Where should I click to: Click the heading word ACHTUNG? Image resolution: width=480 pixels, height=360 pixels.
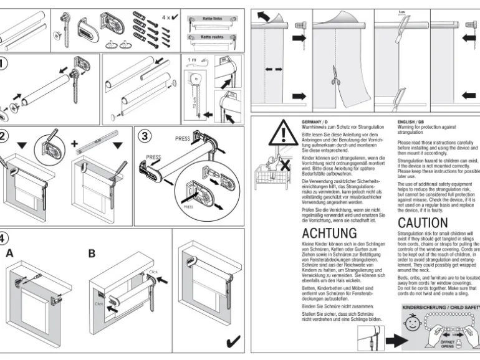pyautogui.click(x=329, y=233)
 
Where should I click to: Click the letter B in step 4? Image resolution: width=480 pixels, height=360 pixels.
pyautogui.click(x=92, y=253)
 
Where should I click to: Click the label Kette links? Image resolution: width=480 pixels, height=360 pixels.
pyautogui.click(x=212, y=19)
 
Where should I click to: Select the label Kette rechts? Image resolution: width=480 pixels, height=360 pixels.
pyautogui.click(x=212, y=38)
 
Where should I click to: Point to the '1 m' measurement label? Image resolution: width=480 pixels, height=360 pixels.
pyautogui.click(x=192, y=60)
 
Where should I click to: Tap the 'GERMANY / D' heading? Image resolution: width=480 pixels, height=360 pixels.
pyautogui.click(x=315, y=122)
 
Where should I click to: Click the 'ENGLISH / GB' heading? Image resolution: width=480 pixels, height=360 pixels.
pyautogui.click(x=411, y=122)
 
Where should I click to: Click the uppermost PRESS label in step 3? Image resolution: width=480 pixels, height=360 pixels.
pyautogui.click(x=183, y=139)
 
